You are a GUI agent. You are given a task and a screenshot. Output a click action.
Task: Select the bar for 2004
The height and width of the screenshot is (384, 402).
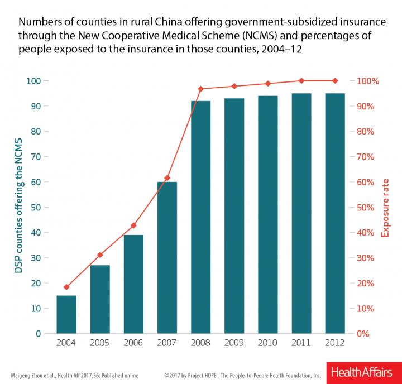click(66, 314)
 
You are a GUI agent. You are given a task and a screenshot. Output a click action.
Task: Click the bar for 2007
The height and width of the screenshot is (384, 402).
click(167, 257)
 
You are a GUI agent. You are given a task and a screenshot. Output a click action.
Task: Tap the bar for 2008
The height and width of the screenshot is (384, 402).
click(200, 217)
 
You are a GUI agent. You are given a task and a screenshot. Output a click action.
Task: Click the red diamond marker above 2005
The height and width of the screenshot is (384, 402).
click(100, 255)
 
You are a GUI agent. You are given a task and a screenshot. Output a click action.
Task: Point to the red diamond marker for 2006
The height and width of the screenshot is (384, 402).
click(133, 225)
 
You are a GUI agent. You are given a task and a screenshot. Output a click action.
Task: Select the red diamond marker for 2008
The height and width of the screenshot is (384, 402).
click(200, 89)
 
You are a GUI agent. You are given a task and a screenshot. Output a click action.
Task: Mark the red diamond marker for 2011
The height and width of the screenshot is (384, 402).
click(301, 81)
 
